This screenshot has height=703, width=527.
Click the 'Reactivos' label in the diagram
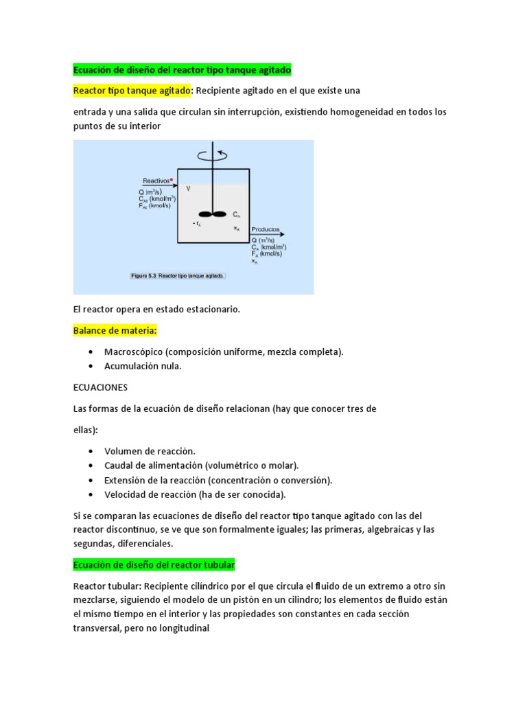pos(156,181)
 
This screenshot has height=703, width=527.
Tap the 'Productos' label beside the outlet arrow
pos(265,230)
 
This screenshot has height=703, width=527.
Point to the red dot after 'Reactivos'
pos(172,180)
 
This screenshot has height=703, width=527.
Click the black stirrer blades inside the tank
pos(213,214)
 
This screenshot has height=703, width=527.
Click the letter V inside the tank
pos(188,188)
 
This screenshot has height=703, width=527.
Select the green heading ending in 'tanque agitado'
pos(182,70)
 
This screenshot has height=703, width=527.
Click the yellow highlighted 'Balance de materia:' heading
pos(115,331)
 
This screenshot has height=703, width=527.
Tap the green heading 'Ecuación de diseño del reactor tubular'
pos(154,564)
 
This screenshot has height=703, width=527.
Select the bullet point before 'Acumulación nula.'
pos(91,366)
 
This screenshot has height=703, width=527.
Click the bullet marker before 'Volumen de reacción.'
pos(91,451)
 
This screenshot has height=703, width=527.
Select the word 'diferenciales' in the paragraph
pos(145,543)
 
